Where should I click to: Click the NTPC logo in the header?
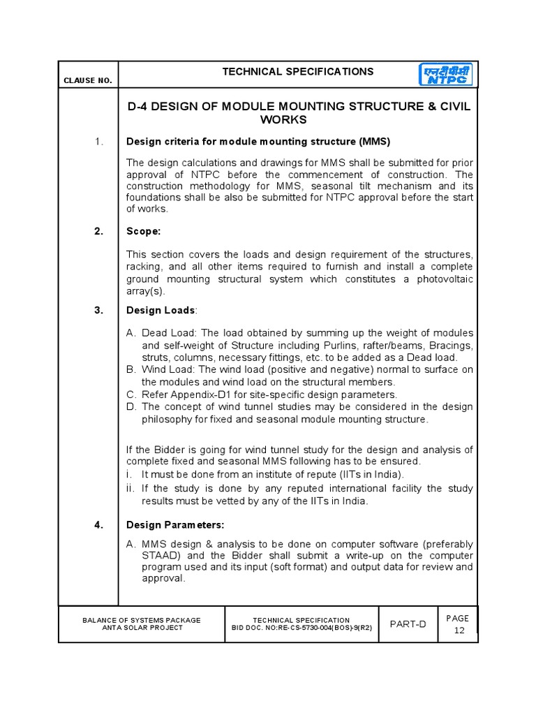[445, 75]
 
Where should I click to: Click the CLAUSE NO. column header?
[88, 80]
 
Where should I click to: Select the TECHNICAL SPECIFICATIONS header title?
[298, 72]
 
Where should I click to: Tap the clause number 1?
[99, 142]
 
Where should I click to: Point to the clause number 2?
[99, 231]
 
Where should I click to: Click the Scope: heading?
[143, 231]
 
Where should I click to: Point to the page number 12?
[459, 631]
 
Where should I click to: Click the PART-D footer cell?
[408, 624]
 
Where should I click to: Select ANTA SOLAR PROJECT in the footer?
[142, 628]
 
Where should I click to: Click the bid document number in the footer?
[301, 628]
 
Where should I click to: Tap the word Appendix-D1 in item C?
[194, 395]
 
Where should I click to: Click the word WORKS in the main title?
[283, 120]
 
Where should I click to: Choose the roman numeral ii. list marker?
[131, 489]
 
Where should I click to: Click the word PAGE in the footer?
[459, 618]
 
